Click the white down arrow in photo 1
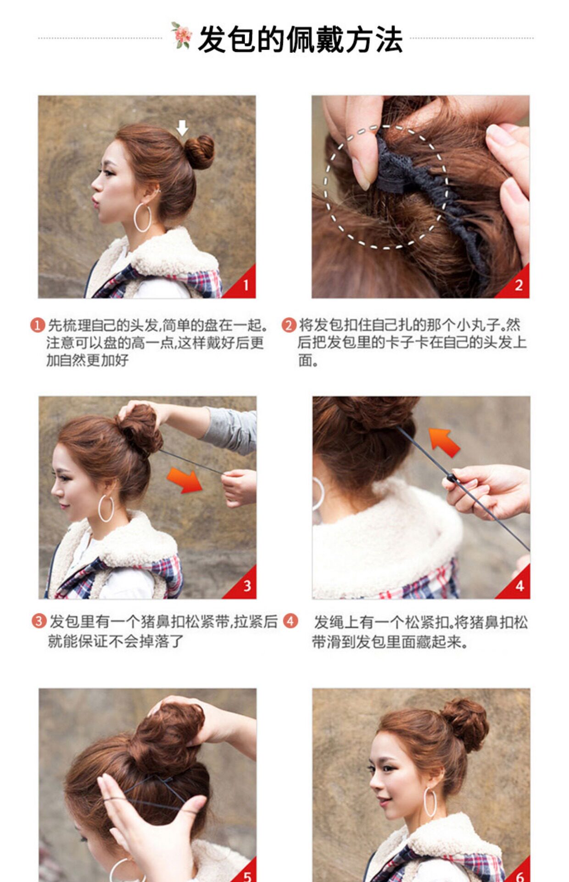click(183, 128)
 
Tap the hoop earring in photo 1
click(143, 217)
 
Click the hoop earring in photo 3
click(106, 509)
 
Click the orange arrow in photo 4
click(444, 441)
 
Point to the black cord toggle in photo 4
click(452, 478)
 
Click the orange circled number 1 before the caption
click(38, 325)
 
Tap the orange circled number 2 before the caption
click(289, 325)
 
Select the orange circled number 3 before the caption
click(39, 621)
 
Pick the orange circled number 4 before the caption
click(290, 621)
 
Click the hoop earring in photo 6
click(430, 802)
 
